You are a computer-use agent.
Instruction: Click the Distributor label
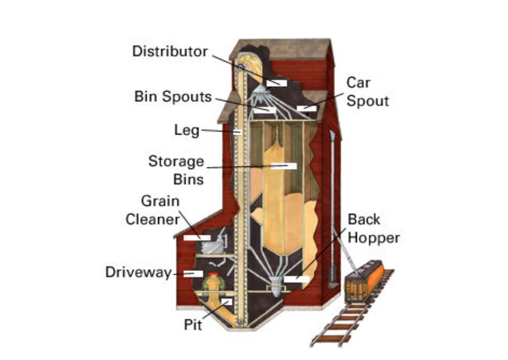coord(170,51)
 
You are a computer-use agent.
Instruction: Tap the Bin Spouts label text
coord(173,96)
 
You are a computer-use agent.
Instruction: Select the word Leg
coord(187,131)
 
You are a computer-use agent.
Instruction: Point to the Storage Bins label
coord(176,169)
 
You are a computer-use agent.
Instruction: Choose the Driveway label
coord(138,272)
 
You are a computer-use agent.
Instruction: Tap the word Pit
coord(193,324)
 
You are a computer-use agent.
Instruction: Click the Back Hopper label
coord(373,228)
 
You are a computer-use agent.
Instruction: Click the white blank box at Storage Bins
coord(284,166)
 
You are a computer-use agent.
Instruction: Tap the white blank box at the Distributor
coord(276,83)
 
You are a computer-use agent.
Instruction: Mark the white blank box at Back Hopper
coord(297,279)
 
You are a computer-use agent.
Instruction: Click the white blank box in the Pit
coord(226,302)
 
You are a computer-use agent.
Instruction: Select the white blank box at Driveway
coord(193,273)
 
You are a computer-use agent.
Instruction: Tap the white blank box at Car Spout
coord(306,108)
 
